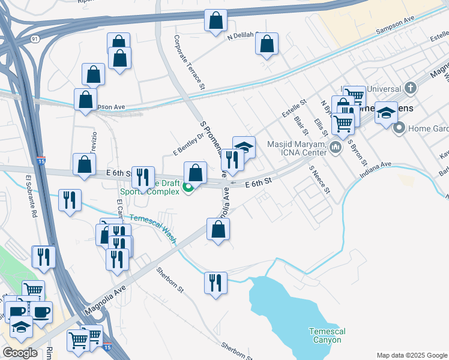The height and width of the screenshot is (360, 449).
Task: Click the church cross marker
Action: pos(410,89)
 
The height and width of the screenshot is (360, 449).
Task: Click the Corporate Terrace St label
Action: pos(190,62)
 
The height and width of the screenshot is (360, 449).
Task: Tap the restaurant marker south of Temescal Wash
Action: pos(215,282)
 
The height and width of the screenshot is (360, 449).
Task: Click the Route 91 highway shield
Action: pos(36,39)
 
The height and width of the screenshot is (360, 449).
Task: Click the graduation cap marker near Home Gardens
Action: pos(386,112)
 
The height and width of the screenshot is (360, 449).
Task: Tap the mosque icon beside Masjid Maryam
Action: pos(335,146)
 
